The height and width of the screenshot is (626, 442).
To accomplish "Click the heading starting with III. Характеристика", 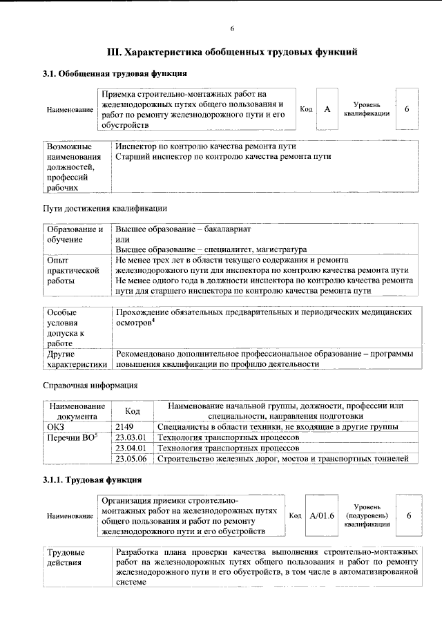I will coord(232,52).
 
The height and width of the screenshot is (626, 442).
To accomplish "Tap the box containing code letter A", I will coord(327,109).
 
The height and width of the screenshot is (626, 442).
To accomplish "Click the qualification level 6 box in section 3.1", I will coord(407,109).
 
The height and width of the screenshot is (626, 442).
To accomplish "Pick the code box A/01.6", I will coord(322,515).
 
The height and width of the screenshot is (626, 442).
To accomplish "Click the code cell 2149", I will coord(126,427).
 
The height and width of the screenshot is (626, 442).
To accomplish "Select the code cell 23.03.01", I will coord(131,437).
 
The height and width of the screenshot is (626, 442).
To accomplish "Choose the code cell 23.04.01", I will coord(131,448).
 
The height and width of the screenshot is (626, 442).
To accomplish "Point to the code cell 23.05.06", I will coord(131,459).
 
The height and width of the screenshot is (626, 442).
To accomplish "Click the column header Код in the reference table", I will coord(133,411).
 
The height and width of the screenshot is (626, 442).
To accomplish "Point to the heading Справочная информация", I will coord(90,384).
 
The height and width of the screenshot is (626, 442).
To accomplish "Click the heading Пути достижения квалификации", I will coord(104,208).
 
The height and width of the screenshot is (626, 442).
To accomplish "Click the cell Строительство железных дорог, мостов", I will coord(283,459).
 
